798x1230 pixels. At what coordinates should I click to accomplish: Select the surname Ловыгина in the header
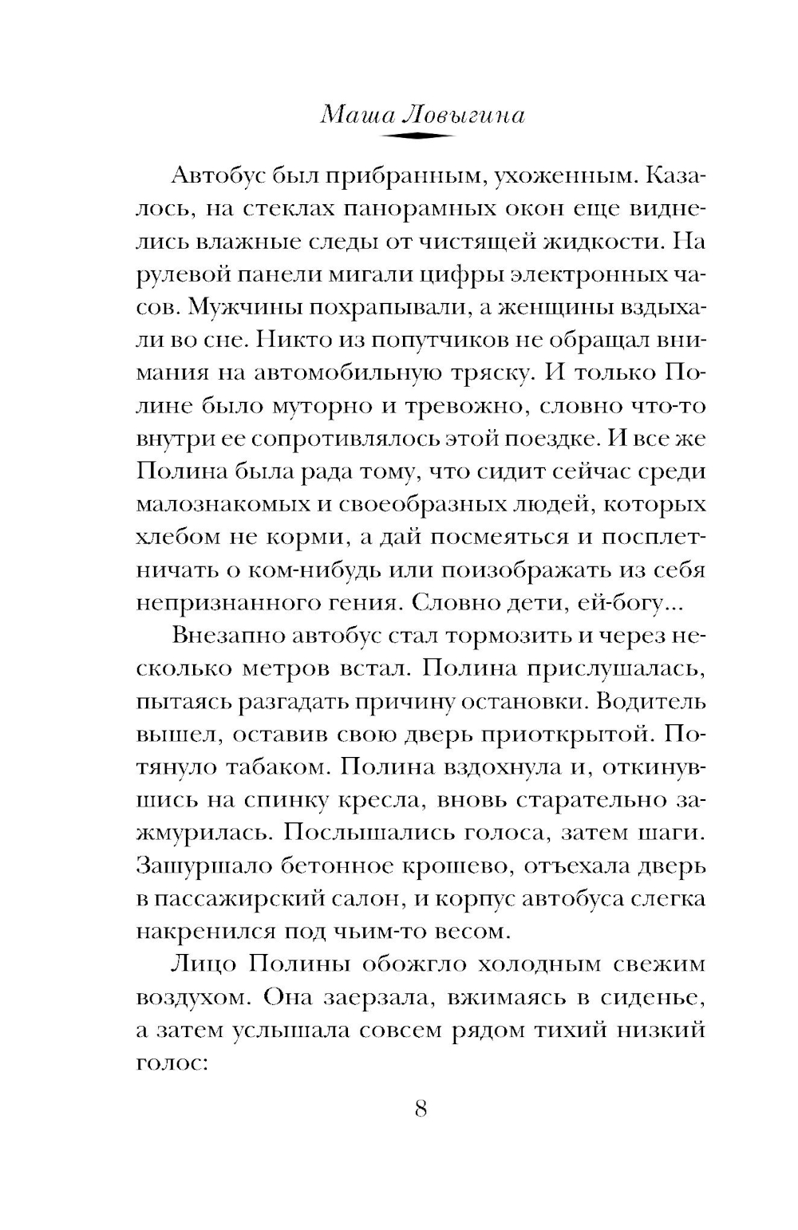465,116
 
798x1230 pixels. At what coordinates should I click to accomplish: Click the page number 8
422,1108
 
